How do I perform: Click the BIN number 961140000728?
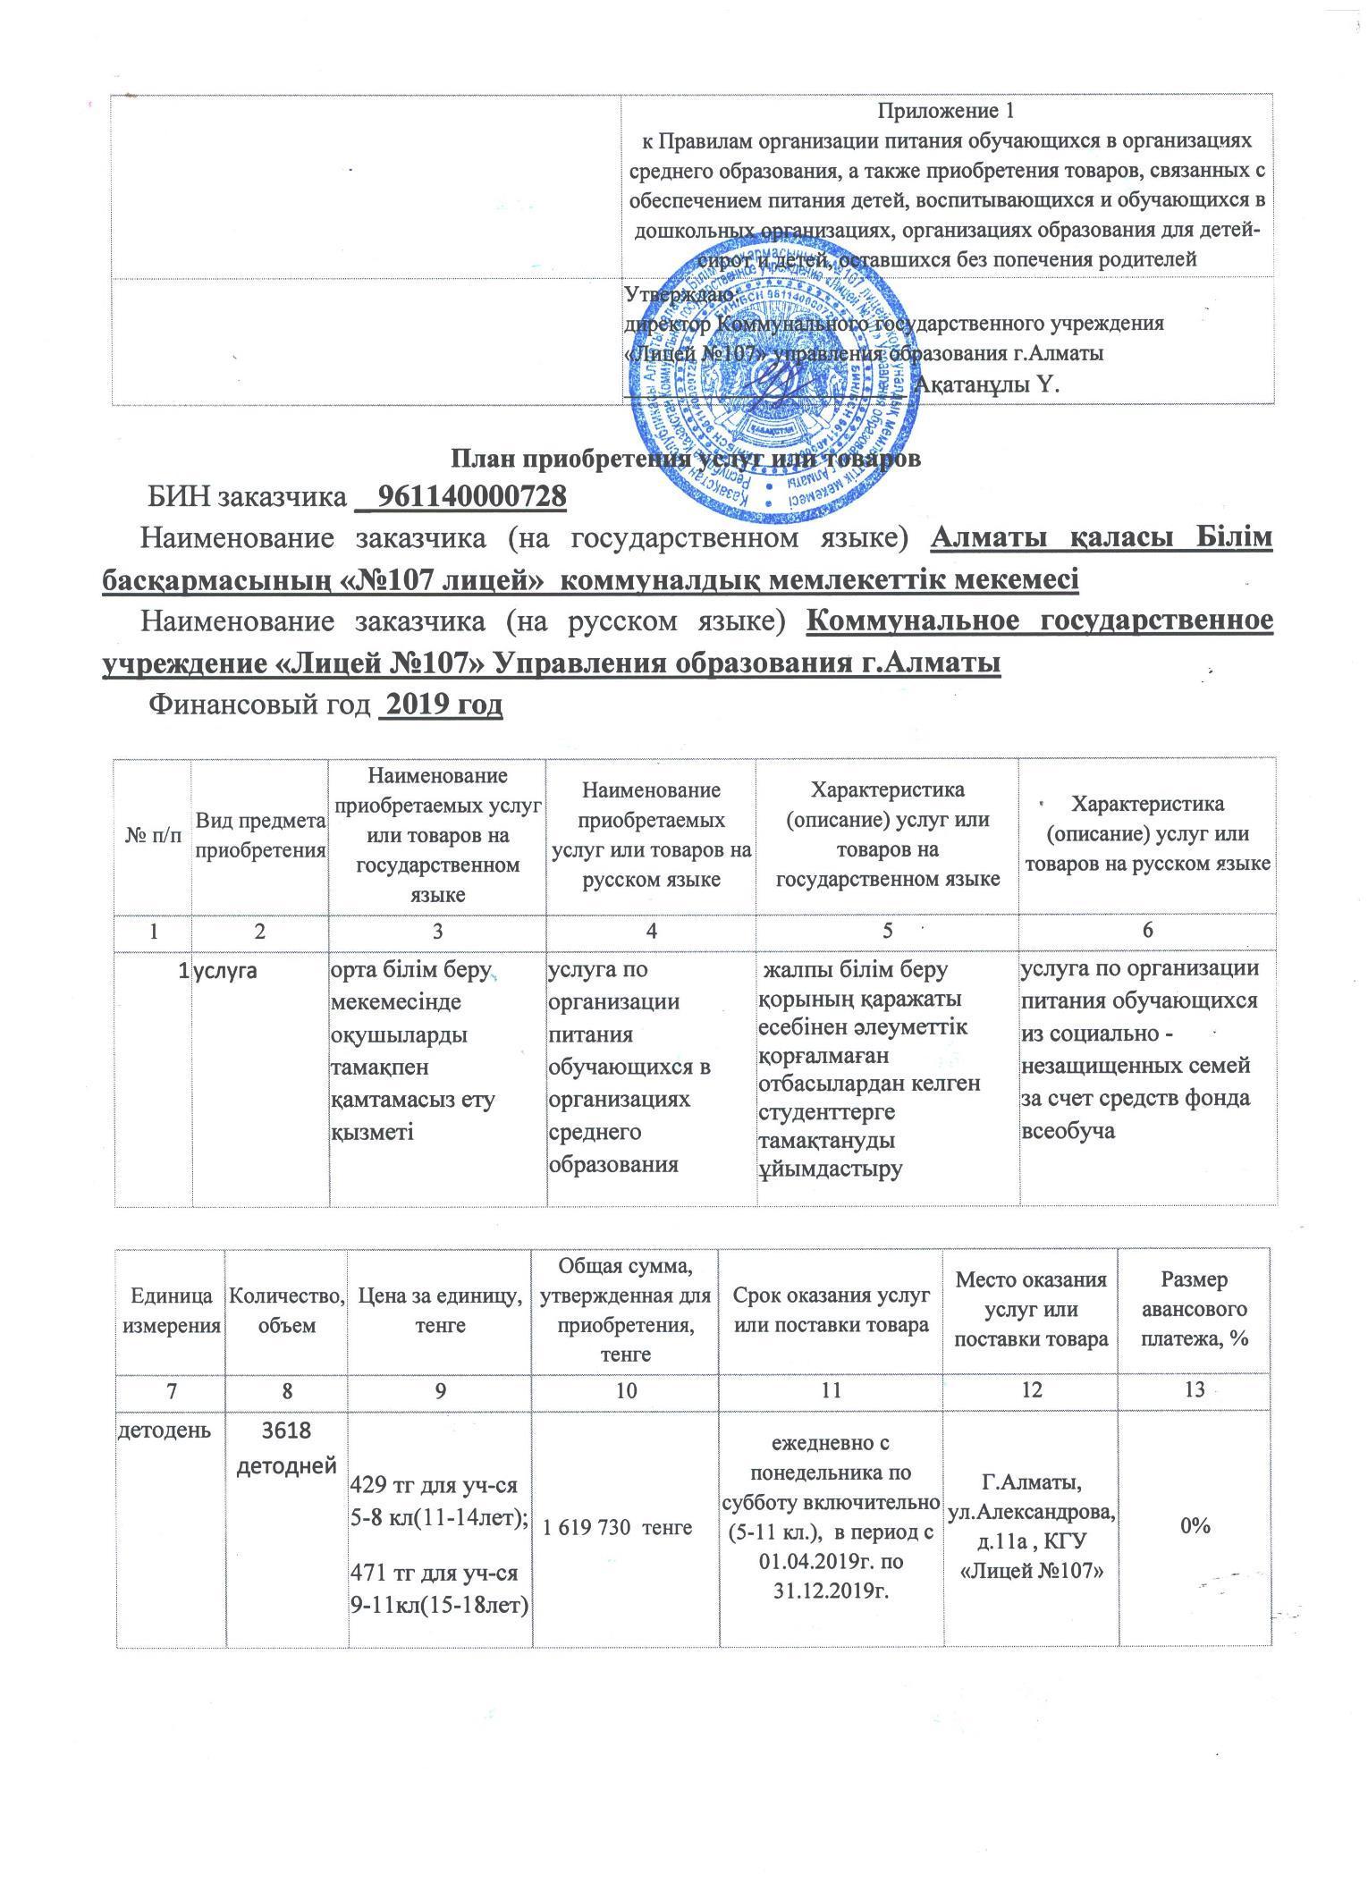pyautogui.click(x=473, y=495)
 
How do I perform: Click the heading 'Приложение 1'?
pyautogui.click(x=950, y=112)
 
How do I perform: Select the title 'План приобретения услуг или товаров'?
pyautogui.click(x=684, y=459)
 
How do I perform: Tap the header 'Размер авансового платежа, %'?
pyautogui.click(x=1195, y=1311)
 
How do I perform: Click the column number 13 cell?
pyautogui.click(x=1195, y=1389)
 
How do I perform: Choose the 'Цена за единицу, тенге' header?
pyautogui.click(x=440, y=1311)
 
